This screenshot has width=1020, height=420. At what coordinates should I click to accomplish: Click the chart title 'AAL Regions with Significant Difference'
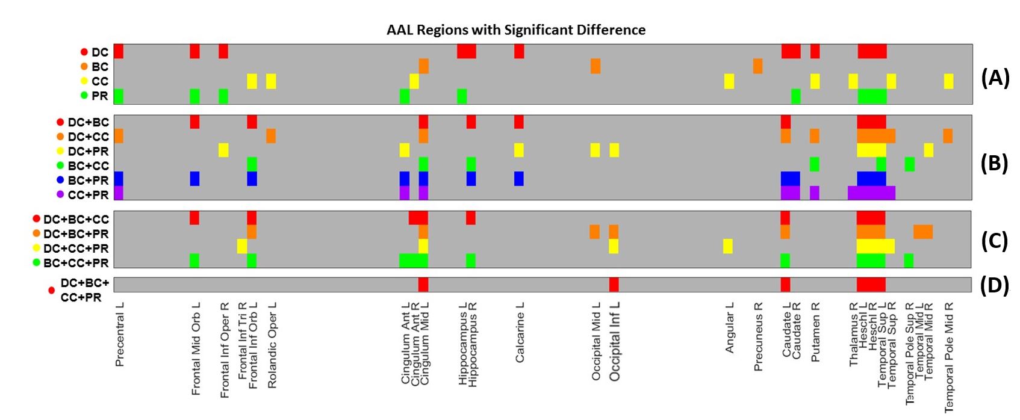[516, 29]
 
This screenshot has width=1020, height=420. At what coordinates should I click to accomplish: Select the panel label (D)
[995, 285]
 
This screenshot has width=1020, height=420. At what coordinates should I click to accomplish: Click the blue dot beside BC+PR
[60, 180]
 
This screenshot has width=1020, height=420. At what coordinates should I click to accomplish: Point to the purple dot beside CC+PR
[60, 194]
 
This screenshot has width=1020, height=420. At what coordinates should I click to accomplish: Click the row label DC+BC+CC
[76, 219]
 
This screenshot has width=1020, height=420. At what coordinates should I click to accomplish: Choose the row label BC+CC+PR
[76, 263]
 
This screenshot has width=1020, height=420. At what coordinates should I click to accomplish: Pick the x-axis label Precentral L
[120, 334]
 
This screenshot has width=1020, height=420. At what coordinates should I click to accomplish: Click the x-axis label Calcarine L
[520, 332]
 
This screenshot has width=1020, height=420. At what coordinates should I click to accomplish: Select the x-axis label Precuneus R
[758, 336]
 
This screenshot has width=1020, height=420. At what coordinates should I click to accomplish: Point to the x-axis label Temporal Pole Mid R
[949, 357]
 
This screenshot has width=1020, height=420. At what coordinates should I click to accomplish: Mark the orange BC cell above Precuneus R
[757, 66]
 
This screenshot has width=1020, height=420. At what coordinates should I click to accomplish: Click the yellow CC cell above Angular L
[729, 81]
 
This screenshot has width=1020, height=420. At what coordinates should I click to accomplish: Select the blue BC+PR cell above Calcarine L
[519, 179]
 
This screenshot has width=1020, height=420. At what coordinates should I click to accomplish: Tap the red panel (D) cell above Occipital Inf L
[614, 284]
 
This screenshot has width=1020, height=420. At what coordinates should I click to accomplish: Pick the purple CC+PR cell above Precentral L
[119, 193]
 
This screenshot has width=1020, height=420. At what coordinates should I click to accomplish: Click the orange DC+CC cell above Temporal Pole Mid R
[948, 136]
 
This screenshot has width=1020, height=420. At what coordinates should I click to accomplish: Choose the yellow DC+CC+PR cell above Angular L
[728, 246]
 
